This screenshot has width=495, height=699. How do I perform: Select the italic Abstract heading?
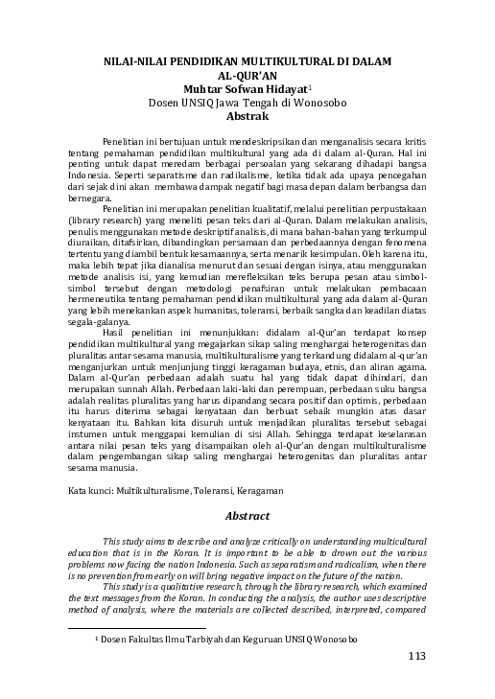click(x=247, y=516)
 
